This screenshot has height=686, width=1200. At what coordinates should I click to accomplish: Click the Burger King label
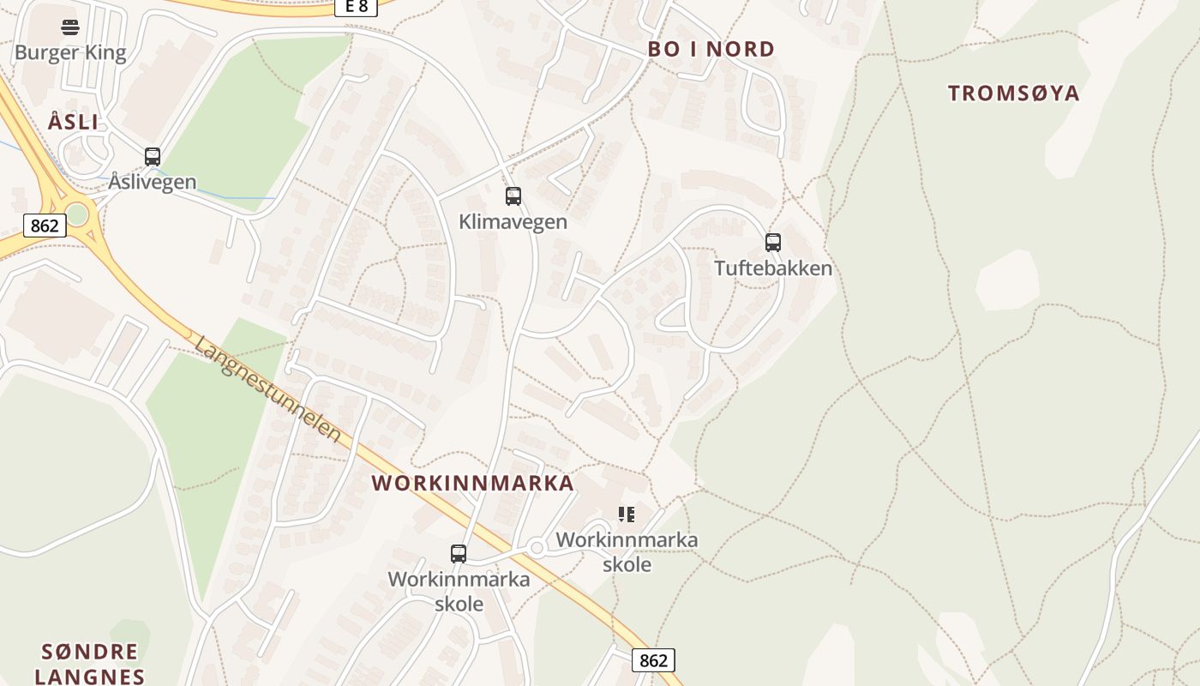click(x=70, y=52)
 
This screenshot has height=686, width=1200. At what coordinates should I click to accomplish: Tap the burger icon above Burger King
click(x=70, y=27)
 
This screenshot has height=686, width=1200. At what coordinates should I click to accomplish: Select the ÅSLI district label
click(x=73, y=122)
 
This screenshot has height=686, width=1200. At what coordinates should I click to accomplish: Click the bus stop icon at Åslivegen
click(x=153, y=157)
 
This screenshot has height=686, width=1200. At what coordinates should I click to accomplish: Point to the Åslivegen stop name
click(x=153, y=182)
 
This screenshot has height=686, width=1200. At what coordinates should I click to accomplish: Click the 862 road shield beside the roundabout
click(x=44, y=226)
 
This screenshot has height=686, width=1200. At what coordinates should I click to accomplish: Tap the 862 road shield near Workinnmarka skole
click(x=653, y=660)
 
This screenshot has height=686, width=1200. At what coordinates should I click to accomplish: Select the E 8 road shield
click(x=356, y=6)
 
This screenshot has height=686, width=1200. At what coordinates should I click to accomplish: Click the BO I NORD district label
click(x=711, y=49)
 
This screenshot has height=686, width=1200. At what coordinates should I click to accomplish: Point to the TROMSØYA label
click(x=1013, y=93)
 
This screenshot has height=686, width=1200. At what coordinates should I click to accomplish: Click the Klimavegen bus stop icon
click(x=513, y=196)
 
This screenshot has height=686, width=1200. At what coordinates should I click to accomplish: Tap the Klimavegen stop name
click(x=513, y=221)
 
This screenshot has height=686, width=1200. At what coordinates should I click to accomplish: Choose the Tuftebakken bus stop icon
click(x=773, y=243)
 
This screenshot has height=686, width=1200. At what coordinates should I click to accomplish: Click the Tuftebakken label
click(x=773, y=268)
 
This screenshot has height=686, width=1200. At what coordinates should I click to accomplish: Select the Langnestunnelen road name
click(x=268, y=388)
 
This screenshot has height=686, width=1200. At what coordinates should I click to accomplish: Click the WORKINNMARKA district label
click(x=473, y=483)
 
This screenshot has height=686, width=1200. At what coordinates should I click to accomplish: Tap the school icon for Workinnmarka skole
click(x=627, y=514)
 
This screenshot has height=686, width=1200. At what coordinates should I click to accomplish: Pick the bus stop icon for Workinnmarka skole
click(x=459, y=554)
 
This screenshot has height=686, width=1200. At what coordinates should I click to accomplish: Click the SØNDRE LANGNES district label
click(x=89, y=664)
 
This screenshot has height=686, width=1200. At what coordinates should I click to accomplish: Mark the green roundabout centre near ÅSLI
click(x=77, y=214)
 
